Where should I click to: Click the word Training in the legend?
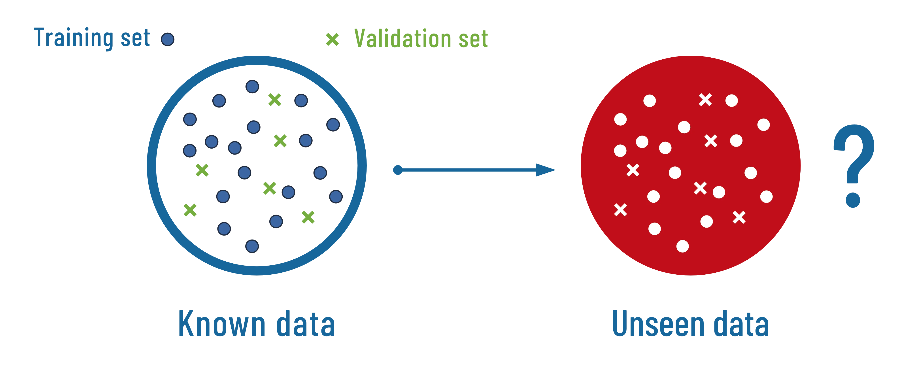pos(73,38)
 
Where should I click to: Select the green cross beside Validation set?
pos(332,39)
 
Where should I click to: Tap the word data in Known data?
pos(306,325)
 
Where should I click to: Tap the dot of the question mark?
pos(852,200)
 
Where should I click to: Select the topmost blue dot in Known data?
pos(252,86)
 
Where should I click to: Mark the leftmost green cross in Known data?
pos(190,210)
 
